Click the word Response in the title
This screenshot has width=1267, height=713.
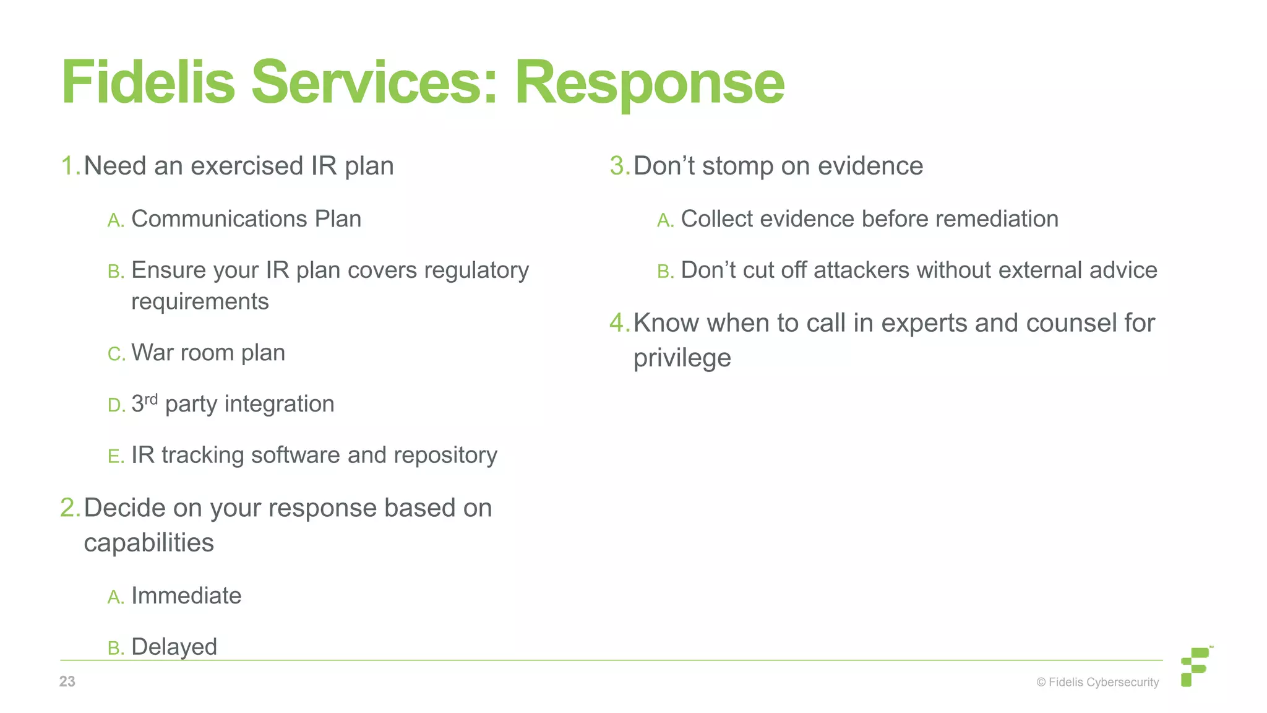pyautogui.click(x=649, y=84)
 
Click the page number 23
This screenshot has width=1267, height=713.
pyautogui.click(x=67, y=681)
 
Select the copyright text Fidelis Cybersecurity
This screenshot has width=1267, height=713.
pyautogui.click(x=1097, y=682)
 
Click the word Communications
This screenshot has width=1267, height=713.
pyautogui.click(x=219, y=219)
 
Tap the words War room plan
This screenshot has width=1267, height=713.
pyautogui.click(x=208, y=353)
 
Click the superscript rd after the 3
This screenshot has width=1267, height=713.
pyautogui.click(x=151, y=399)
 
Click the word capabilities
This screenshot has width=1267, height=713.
pyautogui.click(x=148, y=543)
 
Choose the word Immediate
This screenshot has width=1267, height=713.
pyautogui.click(x=186, y=596)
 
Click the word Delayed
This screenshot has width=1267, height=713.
pyautogui.click(x=174, y=647)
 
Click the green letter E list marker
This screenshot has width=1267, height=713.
pyautogui.click(x=114, y=457)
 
